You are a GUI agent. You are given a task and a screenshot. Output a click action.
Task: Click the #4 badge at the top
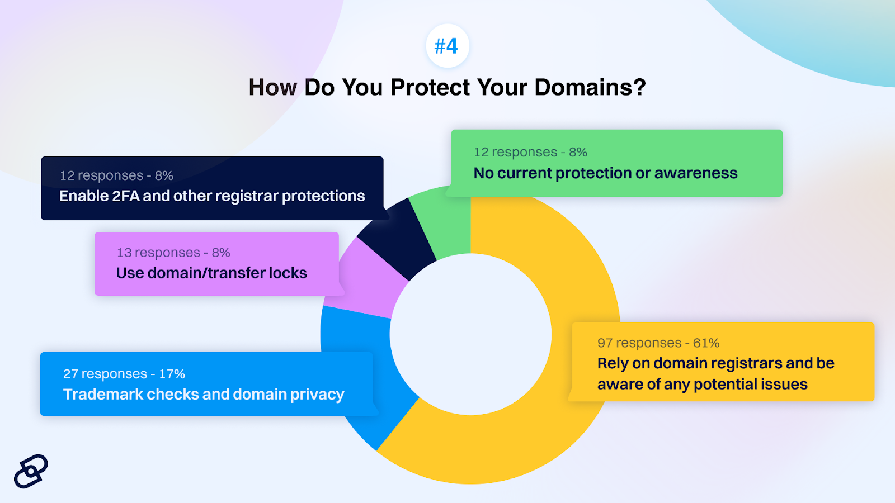pyautogui.click(x=447, y=46)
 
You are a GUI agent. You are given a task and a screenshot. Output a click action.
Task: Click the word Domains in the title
pyautogui.click(x=590, y=87)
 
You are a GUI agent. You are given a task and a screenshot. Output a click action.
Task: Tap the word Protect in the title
pyautogui.click(x=430, y=87)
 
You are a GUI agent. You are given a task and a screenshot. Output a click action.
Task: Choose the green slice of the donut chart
pyautogui.click(x=447, y=224)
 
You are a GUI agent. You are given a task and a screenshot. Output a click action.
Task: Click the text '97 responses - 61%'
pyautogui.click(x=658, y=343)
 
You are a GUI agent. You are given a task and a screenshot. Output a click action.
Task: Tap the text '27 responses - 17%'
pyautogui.click(x=124, y=374)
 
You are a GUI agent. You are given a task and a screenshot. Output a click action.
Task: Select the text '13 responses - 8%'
pyautogui.click(x=173, y=252)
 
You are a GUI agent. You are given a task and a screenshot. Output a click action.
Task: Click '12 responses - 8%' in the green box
pyautogui.click(x=530, y=152)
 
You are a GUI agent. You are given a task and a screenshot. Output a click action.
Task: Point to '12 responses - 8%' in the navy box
pyautogui.click(x=116, y=175)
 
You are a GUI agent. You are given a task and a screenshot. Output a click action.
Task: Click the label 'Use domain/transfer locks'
pyautogui.click(x=211, y=273)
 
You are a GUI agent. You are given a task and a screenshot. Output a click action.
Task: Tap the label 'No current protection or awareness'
pyautogui.click(x=605, y=173)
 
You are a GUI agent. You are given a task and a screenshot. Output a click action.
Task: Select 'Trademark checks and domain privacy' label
pyautogui.click(x=204, y=395)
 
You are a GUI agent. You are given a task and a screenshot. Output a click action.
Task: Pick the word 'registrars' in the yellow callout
pyautogui.click(x=744, y=364)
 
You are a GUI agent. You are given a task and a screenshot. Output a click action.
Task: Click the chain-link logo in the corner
pyautogui.click(x=31, y=471)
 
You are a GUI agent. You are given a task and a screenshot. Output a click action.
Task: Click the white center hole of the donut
pyautogui.click(x=470, y=335)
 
